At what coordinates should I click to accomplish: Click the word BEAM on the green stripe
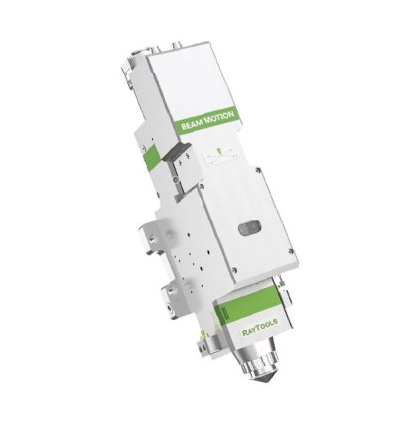[192, 124]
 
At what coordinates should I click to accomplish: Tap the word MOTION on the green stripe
[219, 117]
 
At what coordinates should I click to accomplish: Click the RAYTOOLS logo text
[260, 327]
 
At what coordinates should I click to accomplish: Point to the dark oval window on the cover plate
[251, 228]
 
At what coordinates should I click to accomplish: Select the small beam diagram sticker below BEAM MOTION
[221, 154]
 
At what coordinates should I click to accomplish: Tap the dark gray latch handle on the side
[176, 152]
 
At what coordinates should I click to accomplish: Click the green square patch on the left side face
[152, 156]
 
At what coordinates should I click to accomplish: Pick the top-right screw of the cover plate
[257, 170]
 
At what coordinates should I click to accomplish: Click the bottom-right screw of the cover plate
[291, 251]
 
